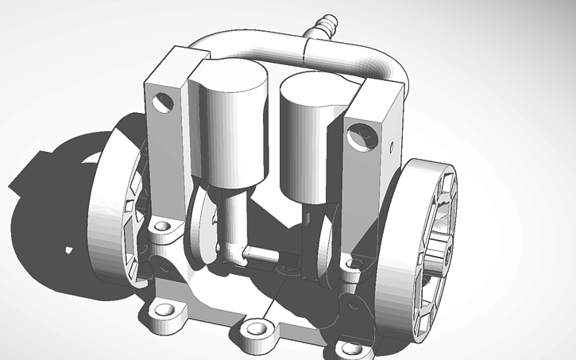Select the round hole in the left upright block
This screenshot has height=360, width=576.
(x=164, y=101)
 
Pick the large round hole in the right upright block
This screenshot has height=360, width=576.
(x=361, y=134)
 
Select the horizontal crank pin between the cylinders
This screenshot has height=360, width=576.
(x=260, y=254)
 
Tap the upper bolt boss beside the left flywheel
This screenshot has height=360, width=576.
(x=163, y=227)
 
